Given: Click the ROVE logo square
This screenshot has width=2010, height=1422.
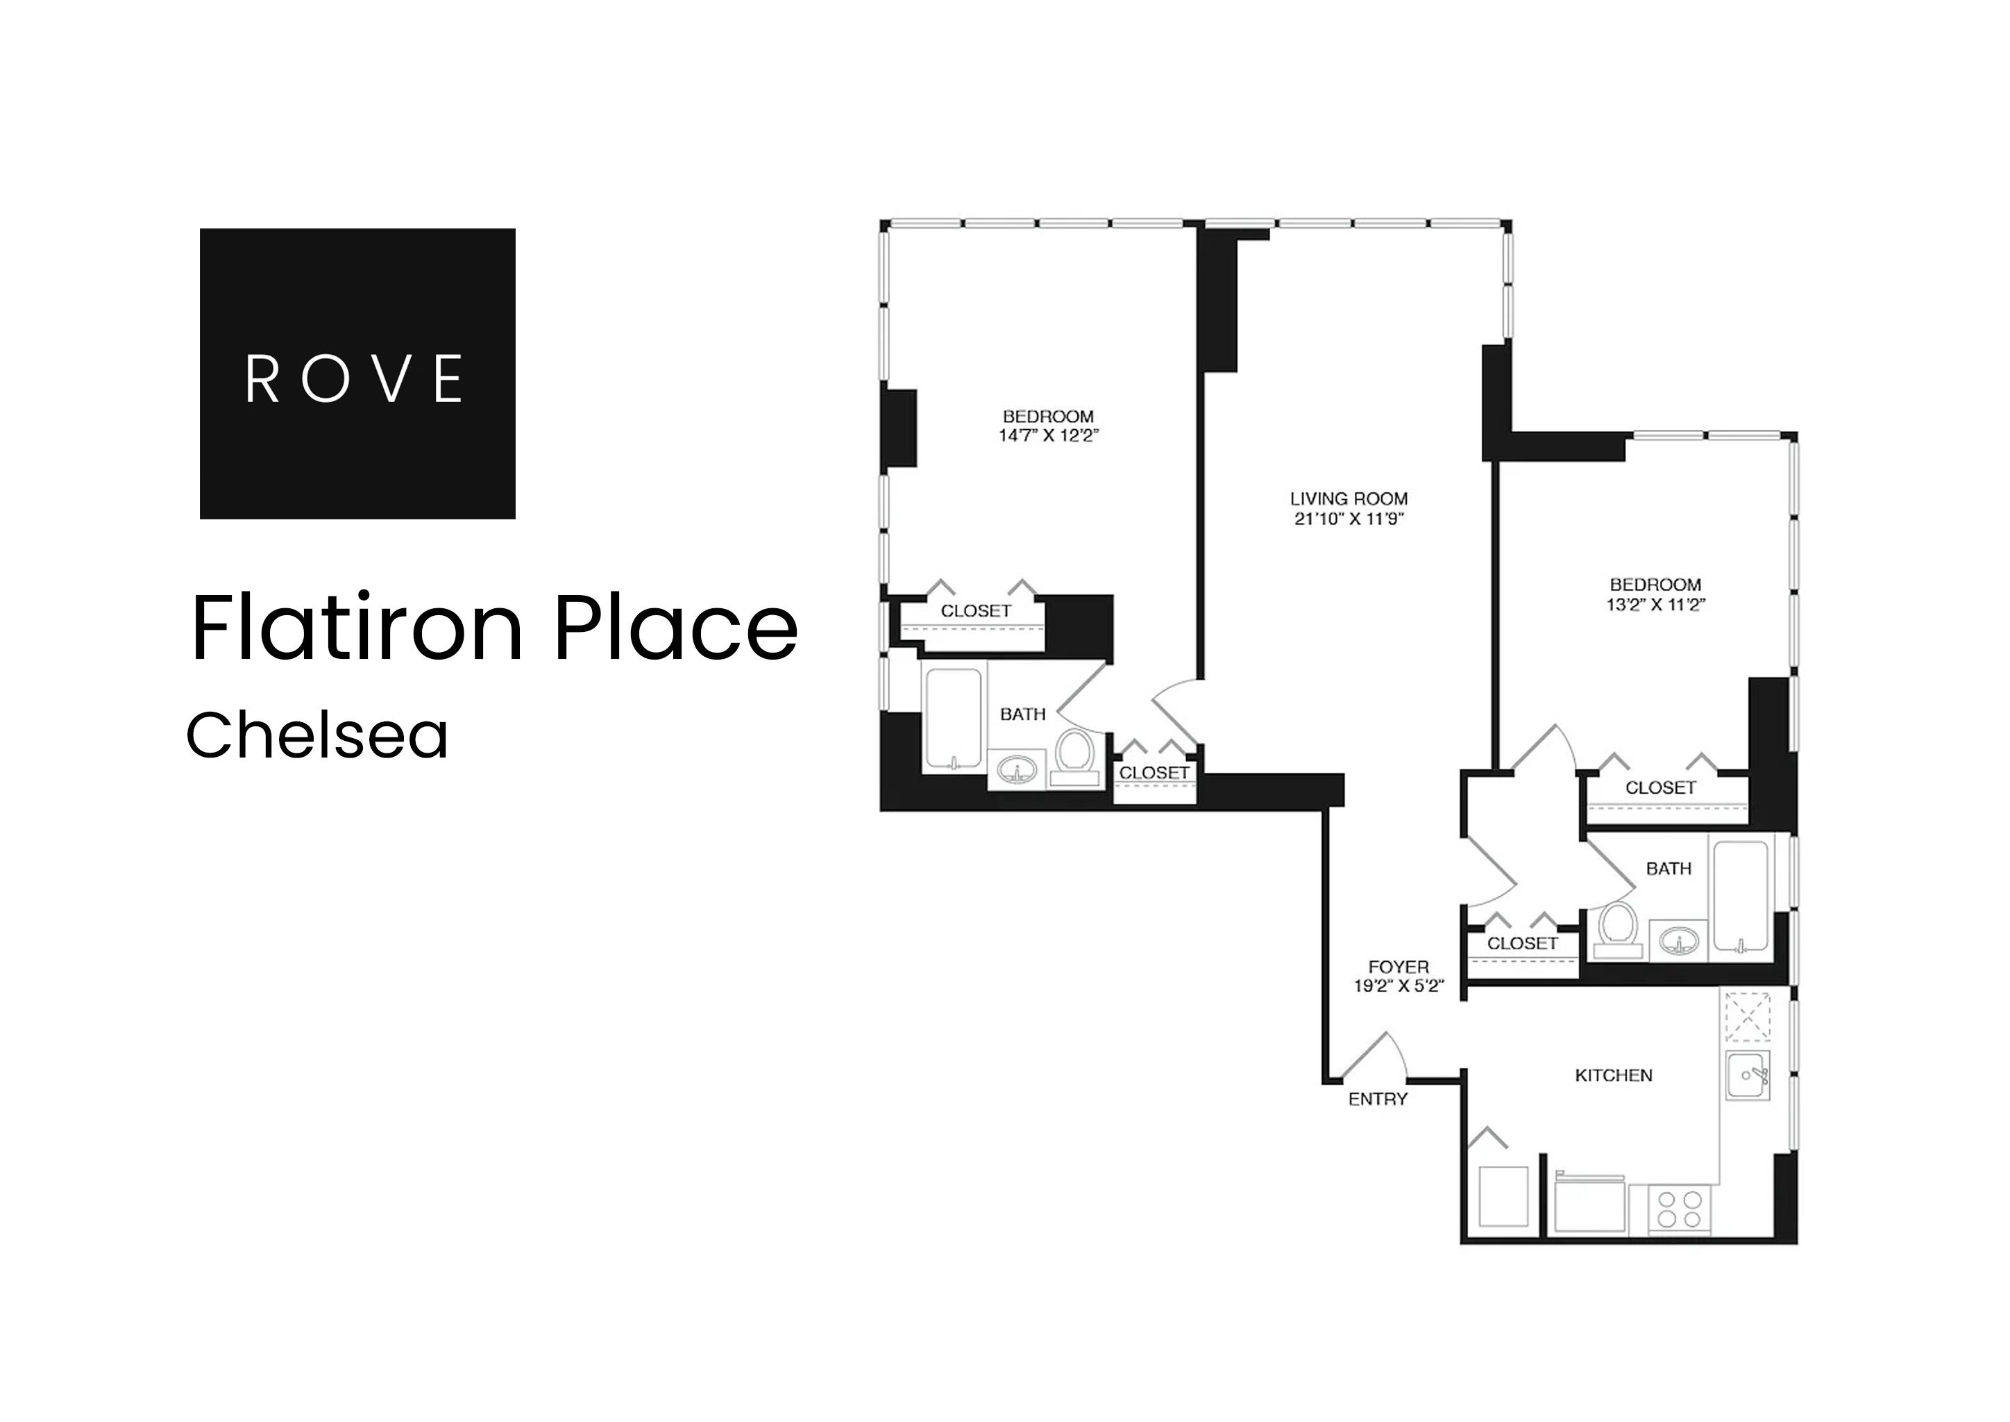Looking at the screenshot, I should [x=357, y=373].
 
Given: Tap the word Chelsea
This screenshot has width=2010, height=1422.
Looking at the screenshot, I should [x=317, y=735].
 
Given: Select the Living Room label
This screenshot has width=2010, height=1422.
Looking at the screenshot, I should [x=1348, y=499].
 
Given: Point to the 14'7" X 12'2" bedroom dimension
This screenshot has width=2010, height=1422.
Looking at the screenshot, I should [x=1048, y=436].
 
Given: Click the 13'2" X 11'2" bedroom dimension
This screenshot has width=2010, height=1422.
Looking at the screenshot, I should [x=1655, y=604].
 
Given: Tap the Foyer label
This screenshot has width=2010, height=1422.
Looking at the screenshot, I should [x=1398, y=967].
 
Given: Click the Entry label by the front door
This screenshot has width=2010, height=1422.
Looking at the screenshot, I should [x=1377, y=1099].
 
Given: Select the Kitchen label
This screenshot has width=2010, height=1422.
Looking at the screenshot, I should [x=1612, y=1076].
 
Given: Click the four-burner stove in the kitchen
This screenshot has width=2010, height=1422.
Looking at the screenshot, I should [x=1679, y=1210].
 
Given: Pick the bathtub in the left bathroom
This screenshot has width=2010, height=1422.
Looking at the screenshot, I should [x=954, y=718].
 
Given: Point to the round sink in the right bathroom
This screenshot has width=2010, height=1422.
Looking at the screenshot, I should [x=1678, y=942].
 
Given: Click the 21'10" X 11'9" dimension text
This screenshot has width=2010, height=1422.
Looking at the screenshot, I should [x=1348, y=519].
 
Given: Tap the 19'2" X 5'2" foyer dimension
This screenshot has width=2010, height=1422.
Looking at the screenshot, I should [x=1398, y=986].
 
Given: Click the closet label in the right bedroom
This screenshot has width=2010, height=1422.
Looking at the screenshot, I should [x=1659, y=788].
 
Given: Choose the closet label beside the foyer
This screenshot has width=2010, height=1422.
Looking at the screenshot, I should [x=1522, y=943].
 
